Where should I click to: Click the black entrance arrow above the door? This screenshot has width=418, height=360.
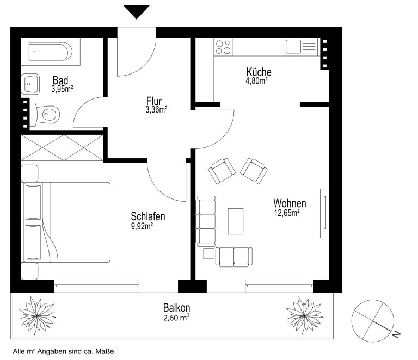coord(137,11)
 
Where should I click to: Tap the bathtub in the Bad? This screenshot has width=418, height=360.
coord(51,52)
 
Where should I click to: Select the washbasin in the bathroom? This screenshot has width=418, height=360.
coord(30,84)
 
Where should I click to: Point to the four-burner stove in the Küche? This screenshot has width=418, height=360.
coord(223,47)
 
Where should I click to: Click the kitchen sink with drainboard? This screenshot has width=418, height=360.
coord(302,47)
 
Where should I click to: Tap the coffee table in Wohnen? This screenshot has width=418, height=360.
coord(235,221)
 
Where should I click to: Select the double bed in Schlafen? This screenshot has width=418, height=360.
coord(67,222)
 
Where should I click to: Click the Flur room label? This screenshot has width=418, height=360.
coord(154,101)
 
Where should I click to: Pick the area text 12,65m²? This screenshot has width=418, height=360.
coord(287,213)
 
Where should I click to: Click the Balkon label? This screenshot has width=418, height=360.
coord(177,308)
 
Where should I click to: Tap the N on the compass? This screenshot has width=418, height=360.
coord(397,334)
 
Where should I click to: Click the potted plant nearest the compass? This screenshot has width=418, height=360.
coord(305,315)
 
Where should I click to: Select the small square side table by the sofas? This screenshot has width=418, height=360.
coord(209,253)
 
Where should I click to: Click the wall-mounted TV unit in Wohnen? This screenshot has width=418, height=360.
coord(324,213)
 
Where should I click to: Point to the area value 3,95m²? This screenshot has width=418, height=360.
coord(62,89)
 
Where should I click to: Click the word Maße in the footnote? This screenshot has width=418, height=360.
coord(106,351)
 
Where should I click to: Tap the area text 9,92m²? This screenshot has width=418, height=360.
coord(142,226)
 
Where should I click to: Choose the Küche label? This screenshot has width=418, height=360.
coord(259,72)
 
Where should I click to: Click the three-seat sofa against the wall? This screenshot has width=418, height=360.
coord(206,221)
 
